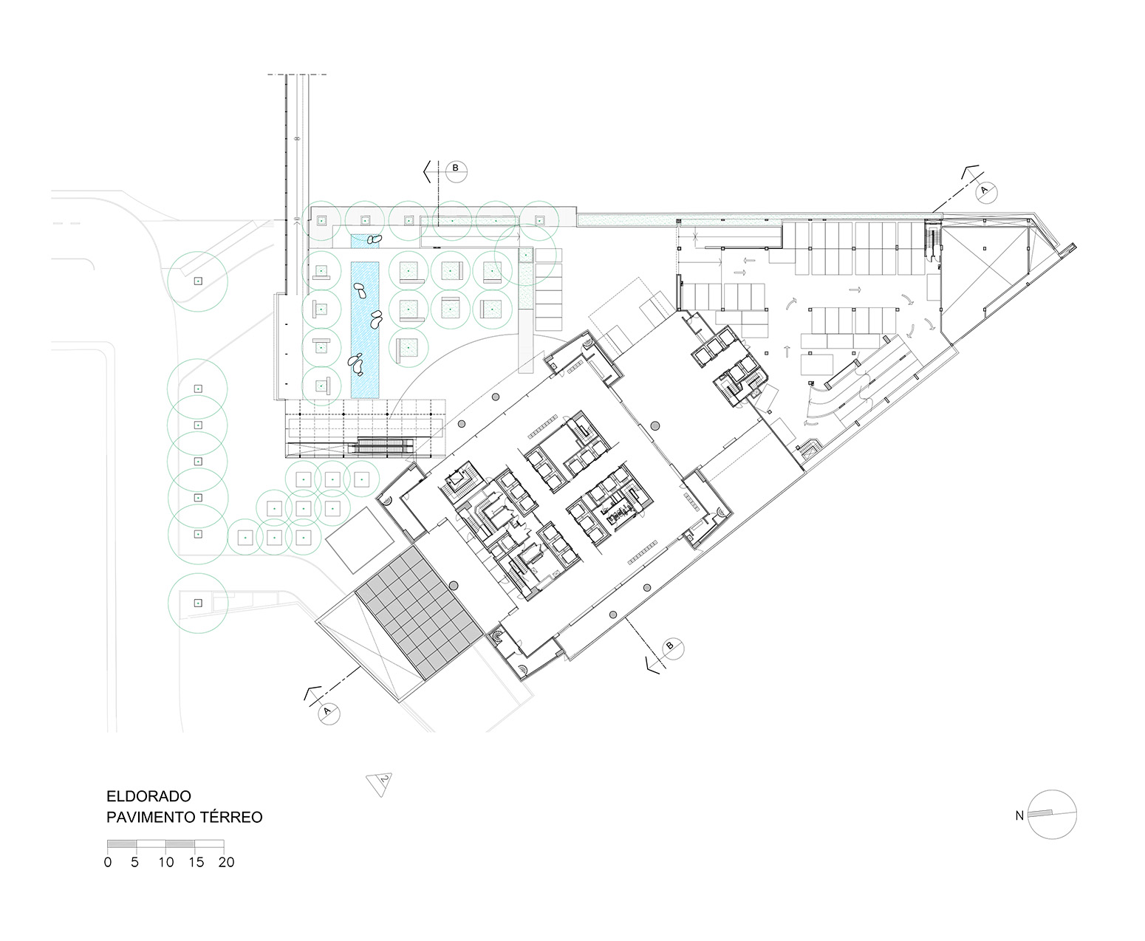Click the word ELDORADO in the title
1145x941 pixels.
148,796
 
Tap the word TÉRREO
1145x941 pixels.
231,817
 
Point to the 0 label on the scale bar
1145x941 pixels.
108,862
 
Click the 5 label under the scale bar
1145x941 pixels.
134,862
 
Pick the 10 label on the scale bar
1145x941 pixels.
166,862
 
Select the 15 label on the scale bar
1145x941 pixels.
196,862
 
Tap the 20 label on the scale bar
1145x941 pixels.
226,862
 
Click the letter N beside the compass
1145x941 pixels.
1019,815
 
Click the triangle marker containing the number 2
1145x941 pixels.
380,784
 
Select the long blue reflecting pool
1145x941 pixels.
365,330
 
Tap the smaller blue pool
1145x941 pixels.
365,241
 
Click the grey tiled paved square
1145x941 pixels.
419,612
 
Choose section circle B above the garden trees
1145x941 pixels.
456,171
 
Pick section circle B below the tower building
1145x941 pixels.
672,649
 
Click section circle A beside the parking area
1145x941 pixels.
986,192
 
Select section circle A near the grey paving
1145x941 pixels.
329,714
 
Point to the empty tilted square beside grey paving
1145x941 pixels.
360,540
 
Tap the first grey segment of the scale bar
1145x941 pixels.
122,844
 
